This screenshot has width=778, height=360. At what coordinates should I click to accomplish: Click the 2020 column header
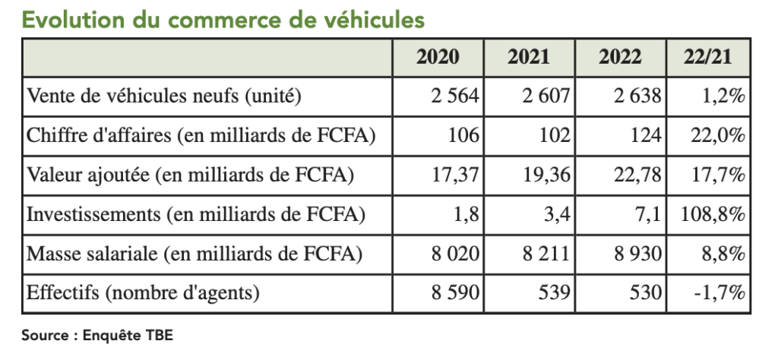pos(438,57)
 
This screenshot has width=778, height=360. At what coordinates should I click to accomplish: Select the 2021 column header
pos(530,57)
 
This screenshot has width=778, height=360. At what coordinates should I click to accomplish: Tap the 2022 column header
pos(620,57)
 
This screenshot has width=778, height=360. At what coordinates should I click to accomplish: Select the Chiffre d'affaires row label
pos(201,135)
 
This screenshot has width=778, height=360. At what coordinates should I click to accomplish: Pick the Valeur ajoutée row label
pos(190,175)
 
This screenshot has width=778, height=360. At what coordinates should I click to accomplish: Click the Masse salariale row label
pos(193,253)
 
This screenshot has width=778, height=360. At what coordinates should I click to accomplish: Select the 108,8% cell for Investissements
pos(710,214)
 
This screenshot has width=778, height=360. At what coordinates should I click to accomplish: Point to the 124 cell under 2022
pos(647,135)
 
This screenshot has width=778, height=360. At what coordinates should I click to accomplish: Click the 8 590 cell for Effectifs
pos(452,292)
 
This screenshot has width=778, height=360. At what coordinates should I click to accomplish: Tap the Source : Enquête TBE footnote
pos(92,336)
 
